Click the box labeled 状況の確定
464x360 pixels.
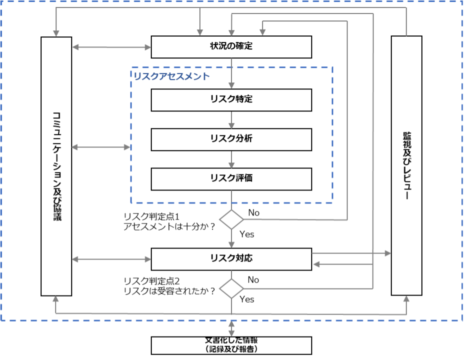[231, 47]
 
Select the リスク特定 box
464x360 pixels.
[231, 99]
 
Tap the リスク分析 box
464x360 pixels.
[231, 139]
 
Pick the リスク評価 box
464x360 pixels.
[231, 178]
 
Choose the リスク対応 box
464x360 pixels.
[231, 259]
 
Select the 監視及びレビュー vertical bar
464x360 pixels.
[406, 165]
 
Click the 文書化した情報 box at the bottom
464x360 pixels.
[231, 345]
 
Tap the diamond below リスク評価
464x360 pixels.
[231, 219]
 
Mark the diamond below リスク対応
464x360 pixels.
[231, 288]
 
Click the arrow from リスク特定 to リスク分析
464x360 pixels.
[231, 120]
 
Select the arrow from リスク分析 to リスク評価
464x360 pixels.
[231, 159]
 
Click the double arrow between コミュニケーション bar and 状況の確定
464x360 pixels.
[111, 47]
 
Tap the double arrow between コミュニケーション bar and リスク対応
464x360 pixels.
[111, 259]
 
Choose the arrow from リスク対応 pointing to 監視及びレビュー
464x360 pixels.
[351, 253]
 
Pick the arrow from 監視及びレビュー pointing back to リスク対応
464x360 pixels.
[351, 264]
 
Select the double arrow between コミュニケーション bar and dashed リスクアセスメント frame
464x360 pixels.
[101, 147]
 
